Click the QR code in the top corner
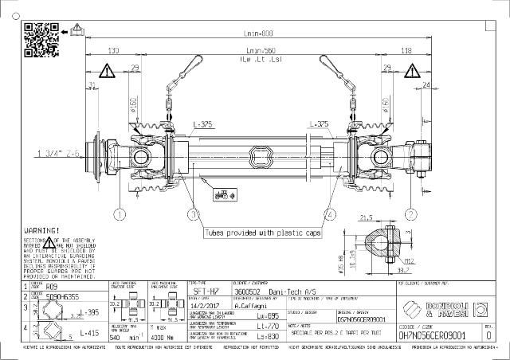(41, 37)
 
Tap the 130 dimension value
(113, 50)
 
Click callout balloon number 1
(120, 214)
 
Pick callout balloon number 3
(193, 214)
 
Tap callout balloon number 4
(330, 214)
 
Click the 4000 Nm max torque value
(159, 336)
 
